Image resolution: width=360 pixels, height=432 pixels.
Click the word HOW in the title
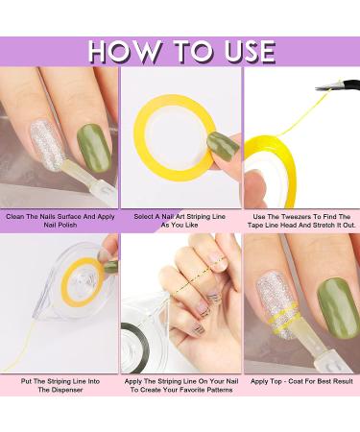[124, 51]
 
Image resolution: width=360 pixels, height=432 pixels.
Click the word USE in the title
[250, 51]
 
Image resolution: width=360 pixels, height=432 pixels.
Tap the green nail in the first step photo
[94, 148]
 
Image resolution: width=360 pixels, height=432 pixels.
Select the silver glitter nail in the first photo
[48, 145]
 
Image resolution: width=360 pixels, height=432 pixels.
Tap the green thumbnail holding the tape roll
[223, 147]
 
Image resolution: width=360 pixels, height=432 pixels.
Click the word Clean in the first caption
[15, 217]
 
